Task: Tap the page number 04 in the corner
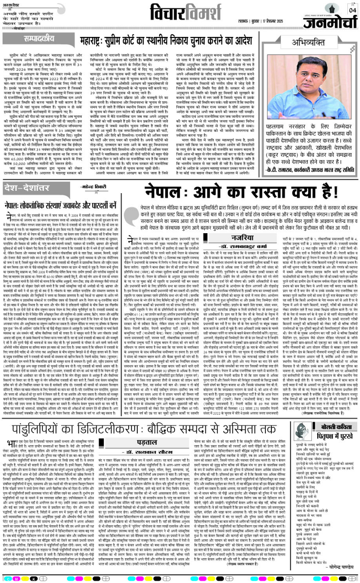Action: pyautogui.click(x=349, y=9)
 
